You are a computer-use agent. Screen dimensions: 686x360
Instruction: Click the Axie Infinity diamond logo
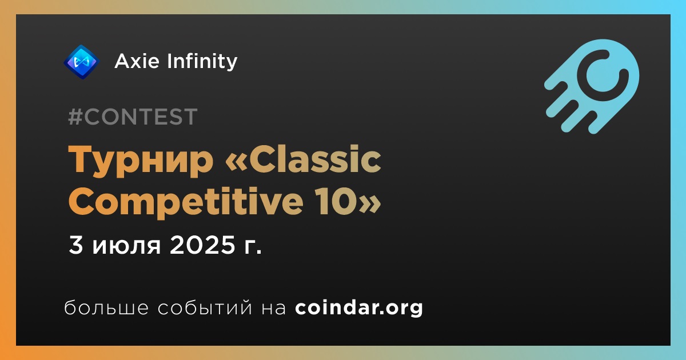81,62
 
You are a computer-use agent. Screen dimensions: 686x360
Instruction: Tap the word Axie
137,61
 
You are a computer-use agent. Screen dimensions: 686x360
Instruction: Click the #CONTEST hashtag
133,117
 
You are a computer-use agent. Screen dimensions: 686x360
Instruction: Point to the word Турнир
141,161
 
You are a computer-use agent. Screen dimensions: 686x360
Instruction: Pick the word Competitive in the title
186,202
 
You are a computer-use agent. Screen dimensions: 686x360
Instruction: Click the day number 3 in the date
76,245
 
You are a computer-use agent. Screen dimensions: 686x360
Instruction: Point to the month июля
126,246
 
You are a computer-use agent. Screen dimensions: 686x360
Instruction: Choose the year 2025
203,245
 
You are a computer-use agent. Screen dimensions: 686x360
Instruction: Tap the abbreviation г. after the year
253,247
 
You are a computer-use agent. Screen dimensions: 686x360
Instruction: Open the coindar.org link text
359,307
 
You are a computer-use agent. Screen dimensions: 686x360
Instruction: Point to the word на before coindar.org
274,308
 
